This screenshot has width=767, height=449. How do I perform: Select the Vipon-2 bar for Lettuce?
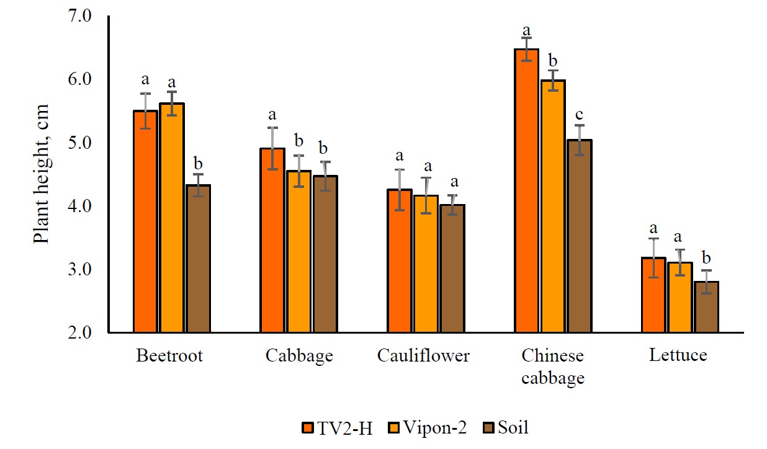pyautogui.click(x=680, y=297)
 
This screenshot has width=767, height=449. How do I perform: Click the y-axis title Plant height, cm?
pyautogui.click(x=42, y=174)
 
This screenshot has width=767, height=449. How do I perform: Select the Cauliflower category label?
pyautogui.click(x=423, y=356)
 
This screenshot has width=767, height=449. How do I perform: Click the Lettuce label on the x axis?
pyautogui.click(x=678, y=356)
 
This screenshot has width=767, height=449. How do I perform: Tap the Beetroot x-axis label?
pyautogui.click(x=169, y=356)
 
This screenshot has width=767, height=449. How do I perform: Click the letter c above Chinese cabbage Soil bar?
pyautogui.click(x=580, y=116)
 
